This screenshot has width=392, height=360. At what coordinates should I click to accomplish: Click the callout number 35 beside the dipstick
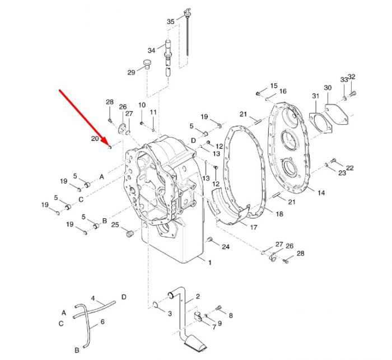(x=170, y=21)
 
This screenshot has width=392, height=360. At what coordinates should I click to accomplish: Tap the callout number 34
(x=151, y=50)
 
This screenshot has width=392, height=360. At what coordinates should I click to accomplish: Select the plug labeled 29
(x=147, y=64)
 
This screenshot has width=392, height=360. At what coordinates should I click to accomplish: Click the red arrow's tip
(x=109, y=147)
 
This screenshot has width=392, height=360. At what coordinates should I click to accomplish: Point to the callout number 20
(x=95, y=138)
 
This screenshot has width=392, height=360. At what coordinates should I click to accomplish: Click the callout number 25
(x=115, y=225)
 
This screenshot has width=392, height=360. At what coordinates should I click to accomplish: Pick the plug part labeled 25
(x=129, y=234)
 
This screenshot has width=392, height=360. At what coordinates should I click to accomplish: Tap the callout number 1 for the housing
(x=210, y=263)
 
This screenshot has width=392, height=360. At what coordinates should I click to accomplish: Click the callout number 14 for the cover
(x=321, y=193)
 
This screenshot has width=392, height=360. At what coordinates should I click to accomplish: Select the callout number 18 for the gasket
(x=279, y=214)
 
